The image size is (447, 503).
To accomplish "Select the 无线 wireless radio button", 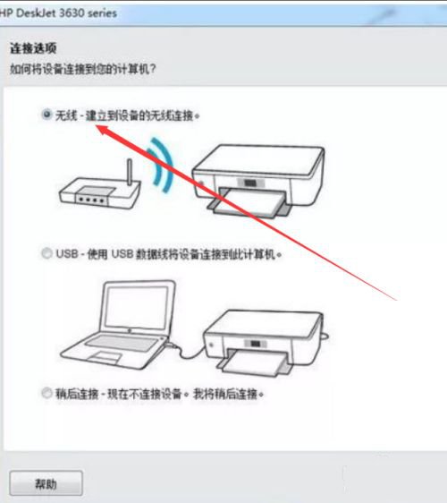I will (46, 115).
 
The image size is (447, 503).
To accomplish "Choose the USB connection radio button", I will (46, 254).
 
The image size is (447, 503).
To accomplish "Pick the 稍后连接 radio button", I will (46, 393).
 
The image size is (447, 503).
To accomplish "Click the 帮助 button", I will (46, 482).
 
